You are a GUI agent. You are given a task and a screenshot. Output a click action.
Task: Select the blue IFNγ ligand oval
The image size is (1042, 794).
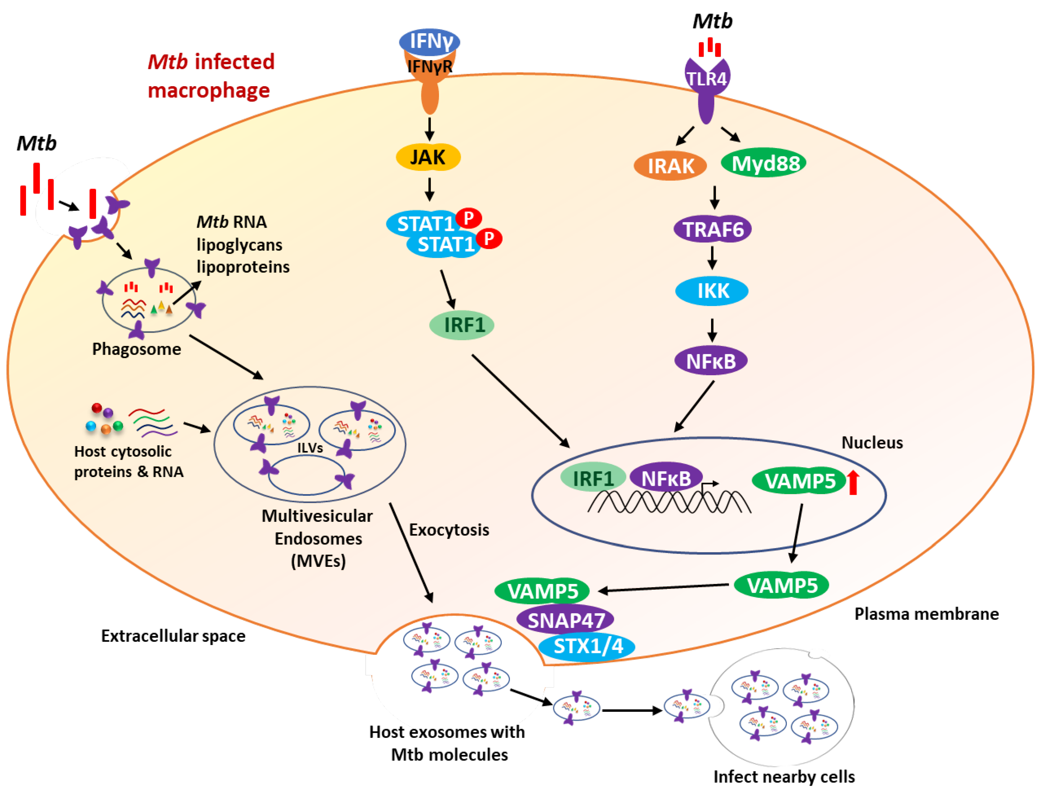tap(429, 41)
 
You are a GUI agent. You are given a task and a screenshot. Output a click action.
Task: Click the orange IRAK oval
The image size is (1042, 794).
tap(670, 166)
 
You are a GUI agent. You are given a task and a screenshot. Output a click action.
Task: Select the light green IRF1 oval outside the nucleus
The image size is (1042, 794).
tap(461, 325)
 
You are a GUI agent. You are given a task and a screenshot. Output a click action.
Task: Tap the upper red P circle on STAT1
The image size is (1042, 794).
tap(468, 218)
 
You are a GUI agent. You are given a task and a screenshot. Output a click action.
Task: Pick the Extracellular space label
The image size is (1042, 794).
tap(173, 636)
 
